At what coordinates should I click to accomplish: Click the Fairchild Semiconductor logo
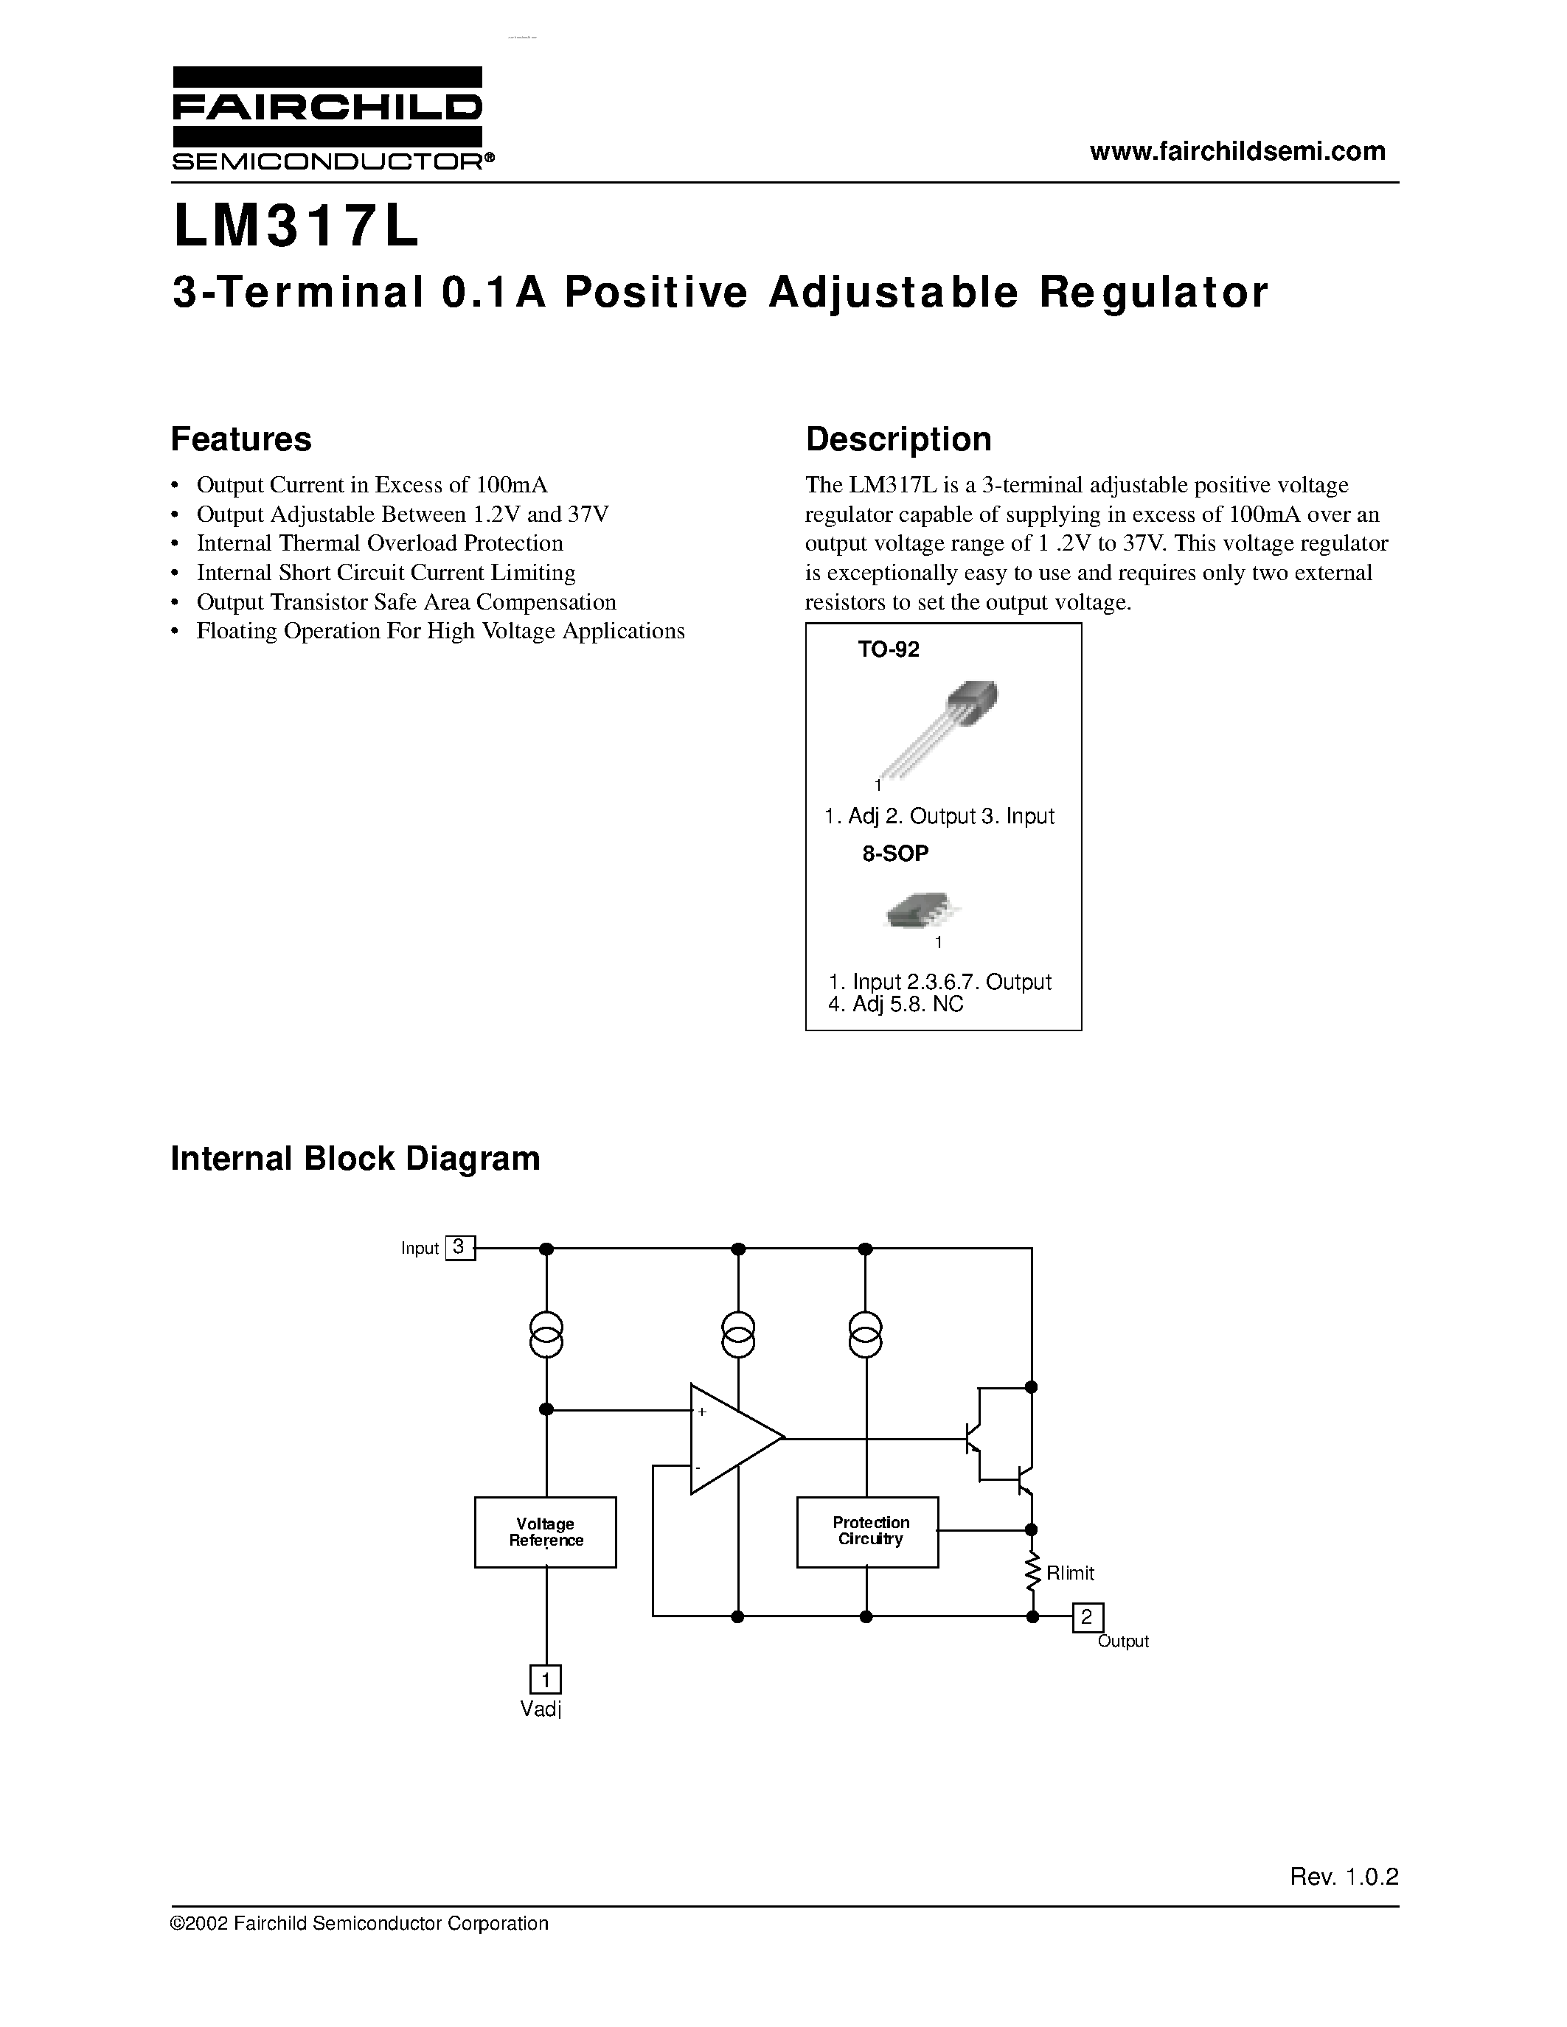(x=327, y=118)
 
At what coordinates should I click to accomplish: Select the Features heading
(x=241, y=439)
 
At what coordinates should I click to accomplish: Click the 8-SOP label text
(x=895, y=854)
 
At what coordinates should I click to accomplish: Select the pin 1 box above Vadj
(x=545, y=1680)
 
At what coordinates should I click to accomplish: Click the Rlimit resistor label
(x=1069, y=1573)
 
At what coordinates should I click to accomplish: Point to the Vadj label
(x=541, y=1709)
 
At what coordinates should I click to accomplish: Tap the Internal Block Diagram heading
(x=355, y=1158)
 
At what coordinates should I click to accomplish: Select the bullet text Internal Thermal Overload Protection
(x=380, y=543)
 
